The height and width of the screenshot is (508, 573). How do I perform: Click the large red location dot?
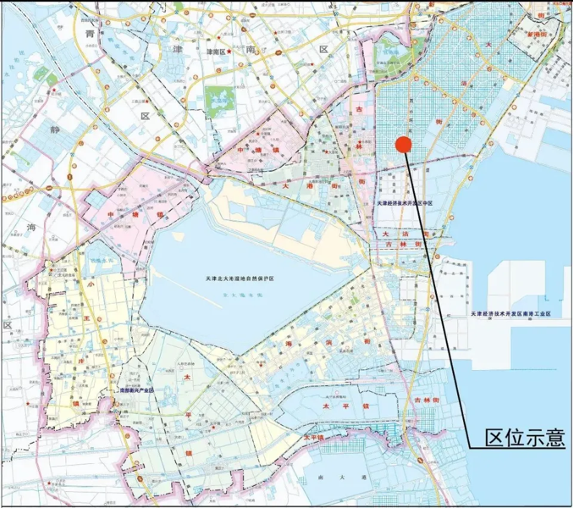click(x=403, y=144)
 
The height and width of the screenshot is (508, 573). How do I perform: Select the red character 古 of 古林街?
click(x=359, y=110)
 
